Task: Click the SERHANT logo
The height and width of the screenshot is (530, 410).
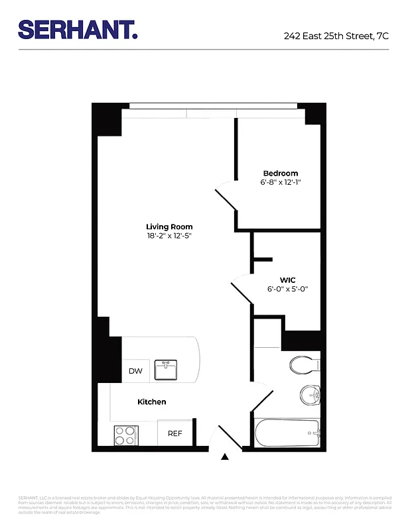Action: [x=78, y=30]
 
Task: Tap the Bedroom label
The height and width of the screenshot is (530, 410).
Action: [x=280, y=174]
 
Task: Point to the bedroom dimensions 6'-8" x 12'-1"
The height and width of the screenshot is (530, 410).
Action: [x=280, y=182]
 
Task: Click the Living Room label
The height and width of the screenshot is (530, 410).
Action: [x=169, y=227]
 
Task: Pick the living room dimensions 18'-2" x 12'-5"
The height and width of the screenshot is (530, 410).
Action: [x=169, y=235]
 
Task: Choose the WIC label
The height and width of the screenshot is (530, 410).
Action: [x=288, y=280]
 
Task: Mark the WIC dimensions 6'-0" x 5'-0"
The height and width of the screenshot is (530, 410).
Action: [x=288, y=289]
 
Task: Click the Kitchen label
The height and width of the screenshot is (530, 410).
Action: [x=152, y=402]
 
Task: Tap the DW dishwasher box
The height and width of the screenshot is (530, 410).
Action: [x=135, y=371]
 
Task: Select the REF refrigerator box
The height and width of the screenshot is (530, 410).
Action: [x=174, y=433]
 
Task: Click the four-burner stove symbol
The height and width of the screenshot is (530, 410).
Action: [x=125, y=435]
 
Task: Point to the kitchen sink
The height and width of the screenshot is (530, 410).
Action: [x=165, y=370]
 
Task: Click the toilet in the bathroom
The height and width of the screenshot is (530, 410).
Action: [x=305, y=364]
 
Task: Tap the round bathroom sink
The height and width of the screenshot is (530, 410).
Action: [x=308, y=396]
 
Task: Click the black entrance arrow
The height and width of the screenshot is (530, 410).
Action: [x=225, y=456]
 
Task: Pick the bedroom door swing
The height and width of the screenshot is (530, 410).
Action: [x=226, y=197]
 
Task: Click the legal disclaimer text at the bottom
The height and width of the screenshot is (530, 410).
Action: [x=205, y=504]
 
